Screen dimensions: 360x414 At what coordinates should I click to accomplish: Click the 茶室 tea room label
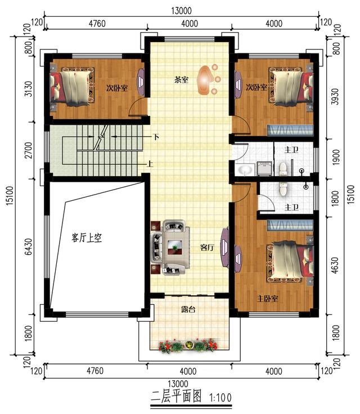click(x=181, y=80)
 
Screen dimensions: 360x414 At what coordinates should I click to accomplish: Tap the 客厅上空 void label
click(x=87, y=238)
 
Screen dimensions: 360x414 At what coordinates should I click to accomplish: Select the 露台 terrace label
click(x=188, y=309)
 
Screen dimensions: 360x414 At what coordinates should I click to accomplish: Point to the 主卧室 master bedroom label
click(x=268, y=299)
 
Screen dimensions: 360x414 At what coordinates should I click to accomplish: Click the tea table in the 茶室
click(x=206, y=80)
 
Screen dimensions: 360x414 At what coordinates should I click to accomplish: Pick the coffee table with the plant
click(x=175, y=247)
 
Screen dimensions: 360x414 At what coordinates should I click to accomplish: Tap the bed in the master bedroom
click(x=291, y=262)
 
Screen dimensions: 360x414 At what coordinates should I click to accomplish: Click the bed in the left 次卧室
click(x=72, y=86)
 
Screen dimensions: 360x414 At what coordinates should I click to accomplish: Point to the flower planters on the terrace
click(x=188, y=346)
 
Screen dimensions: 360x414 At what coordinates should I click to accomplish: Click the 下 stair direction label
click(x=156, y=137)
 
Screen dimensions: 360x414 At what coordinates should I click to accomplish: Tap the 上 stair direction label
click(x=150, y=164)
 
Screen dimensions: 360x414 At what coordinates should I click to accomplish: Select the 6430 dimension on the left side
click(x=29, y=247)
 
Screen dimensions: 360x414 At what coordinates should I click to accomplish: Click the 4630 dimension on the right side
click(x=335, y=265)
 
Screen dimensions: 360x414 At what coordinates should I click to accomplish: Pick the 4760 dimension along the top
click(x=97, y=24)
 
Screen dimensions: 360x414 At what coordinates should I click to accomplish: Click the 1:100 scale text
click(x=220, y=397)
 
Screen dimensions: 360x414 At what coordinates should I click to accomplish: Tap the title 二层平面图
click(x=177, y=397)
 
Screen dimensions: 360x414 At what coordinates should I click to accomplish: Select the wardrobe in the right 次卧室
click(x=291, y=130)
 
